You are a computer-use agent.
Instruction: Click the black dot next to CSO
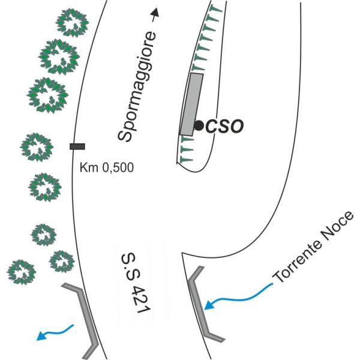click(x=199, y=125)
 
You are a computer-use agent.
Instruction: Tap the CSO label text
click(x=224, y=126)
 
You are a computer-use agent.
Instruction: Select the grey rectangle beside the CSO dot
click(x=191, y=104)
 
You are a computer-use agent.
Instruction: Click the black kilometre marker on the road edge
click(x=77, y=146)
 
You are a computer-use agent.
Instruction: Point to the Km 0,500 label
click(x=107, y=167)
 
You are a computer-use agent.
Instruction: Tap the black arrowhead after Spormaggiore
click(x=155, y=13)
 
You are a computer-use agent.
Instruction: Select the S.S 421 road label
click(x=136, y=283)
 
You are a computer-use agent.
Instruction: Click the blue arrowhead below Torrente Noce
click(x=208, y=305)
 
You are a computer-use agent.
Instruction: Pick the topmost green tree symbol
click(x=72, y=23)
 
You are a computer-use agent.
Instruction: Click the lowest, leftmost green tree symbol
click(x=21, y=272)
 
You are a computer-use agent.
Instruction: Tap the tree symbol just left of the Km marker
click(x=37, y=147)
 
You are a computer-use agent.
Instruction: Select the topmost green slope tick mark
click(x=215, y=9)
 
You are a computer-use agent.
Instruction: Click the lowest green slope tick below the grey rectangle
click(x=186, y=159)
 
